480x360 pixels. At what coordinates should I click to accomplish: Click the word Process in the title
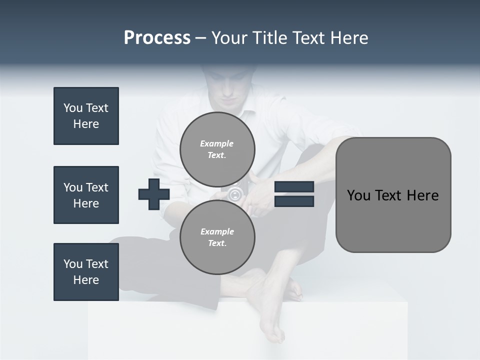(157, 38)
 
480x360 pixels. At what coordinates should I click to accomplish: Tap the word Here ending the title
(349, 38)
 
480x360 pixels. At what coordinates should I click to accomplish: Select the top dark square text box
(86, 116)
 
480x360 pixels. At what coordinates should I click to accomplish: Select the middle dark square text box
(86, 195)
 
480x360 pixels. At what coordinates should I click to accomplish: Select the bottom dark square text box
(86, 272)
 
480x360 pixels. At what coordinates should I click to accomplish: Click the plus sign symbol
(154, 194)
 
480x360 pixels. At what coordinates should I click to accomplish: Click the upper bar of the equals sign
(294, 186)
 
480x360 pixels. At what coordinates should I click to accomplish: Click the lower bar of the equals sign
(294, 201)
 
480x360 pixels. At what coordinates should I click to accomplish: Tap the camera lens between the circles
(235, 194)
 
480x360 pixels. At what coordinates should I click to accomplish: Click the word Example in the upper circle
(216, 143)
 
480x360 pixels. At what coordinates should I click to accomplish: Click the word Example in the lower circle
(217, 231)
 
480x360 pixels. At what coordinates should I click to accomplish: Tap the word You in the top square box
(72, 108)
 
